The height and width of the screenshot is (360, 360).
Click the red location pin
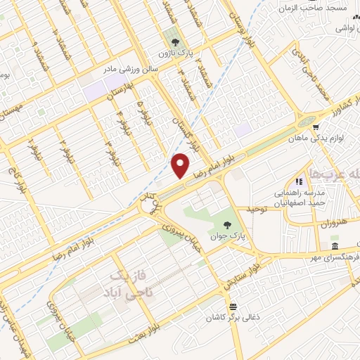click(x=181, y=165)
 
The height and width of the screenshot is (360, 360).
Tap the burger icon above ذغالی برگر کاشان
click(x=233, y=307)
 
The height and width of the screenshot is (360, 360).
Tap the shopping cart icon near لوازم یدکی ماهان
click(x=317, y=127)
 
